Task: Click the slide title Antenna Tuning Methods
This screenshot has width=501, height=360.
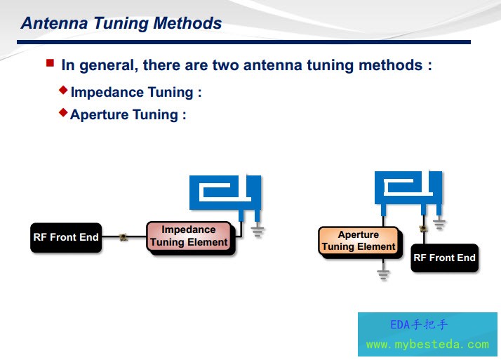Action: tap(121, 23)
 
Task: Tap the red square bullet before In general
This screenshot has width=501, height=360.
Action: tap(50, 62)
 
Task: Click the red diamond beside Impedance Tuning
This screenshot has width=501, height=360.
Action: tap(63, 90)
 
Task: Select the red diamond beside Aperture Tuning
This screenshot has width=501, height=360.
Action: tap(63, 112)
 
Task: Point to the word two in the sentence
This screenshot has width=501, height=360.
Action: tap(225, 65)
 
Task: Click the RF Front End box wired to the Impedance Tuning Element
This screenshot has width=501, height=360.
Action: tap(66, 237)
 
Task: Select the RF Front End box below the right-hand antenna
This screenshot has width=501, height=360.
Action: tap(444, 258)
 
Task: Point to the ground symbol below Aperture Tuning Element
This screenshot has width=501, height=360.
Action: tap(383, 274)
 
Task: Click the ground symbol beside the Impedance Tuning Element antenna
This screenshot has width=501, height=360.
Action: tap(258, 232)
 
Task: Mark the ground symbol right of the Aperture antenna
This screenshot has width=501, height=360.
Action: tap(439, 225)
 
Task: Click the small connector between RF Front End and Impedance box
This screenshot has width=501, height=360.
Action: tap(123, 237)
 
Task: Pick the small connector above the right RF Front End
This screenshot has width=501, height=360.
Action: tap(423, 228)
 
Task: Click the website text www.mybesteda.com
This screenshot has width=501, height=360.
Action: tap(427, 345)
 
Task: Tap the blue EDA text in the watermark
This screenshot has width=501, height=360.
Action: tap(401, 325)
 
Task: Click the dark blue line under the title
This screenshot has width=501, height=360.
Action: tap(243, 42)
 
